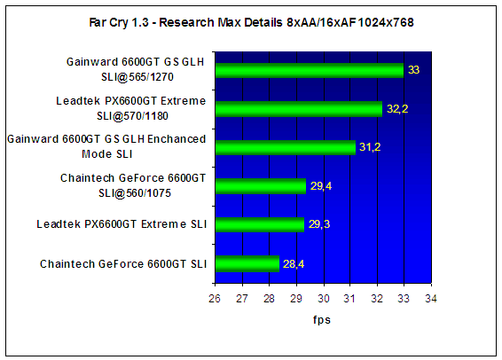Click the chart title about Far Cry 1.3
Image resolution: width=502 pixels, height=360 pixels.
[x=251, y=22]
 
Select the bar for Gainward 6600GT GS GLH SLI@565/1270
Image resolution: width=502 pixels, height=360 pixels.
[x=310, y=70]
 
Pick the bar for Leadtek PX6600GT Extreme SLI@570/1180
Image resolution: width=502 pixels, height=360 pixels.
[x=299, y=109]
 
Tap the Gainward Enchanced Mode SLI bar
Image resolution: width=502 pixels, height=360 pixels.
[x=286, y=147]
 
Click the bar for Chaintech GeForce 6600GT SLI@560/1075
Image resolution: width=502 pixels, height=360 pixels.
[x=261, y=186]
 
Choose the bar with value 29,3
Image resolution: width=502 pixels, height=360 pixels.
[x=260, y=224]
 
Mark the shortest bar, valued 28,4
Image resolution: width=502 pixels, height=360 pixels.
[x=247, y=263]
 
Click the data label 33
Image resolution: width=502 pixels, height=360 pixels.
[x=413, y=70]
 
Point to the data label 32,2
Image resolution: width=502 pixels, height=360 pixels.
[x=397, y=109]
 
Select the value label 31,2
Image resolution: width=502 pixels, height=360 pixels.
[x=370, y=147]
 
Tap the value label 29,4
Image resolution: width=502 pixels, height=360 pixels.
[x=321, y=185]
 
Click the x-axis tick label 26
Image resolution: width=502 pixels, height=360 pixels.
[x=215, y=298]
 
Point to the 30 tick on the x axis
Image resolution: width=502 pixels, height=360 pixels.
[x=324, y=298]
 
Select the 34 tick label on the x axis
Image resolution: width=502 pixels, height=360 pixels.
[x=431, y=298]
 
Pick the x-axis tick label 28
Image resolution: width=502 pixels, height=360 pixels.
[x=269, y=298]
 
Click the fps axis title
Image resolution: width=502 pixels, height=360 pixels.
[x=322, y=320]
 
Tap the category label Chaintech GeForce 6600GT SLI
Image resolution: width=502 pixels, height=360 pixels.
[x=123, y=264]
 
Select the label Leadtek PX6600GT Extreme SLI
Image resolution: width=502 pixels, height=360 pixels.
[x=122, y=224]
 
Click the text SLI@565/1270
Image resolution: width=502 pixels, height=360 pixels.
[x=137, y=77]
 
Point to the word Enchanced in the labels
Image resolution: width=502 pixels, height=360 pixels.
[x=176, y=139]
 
